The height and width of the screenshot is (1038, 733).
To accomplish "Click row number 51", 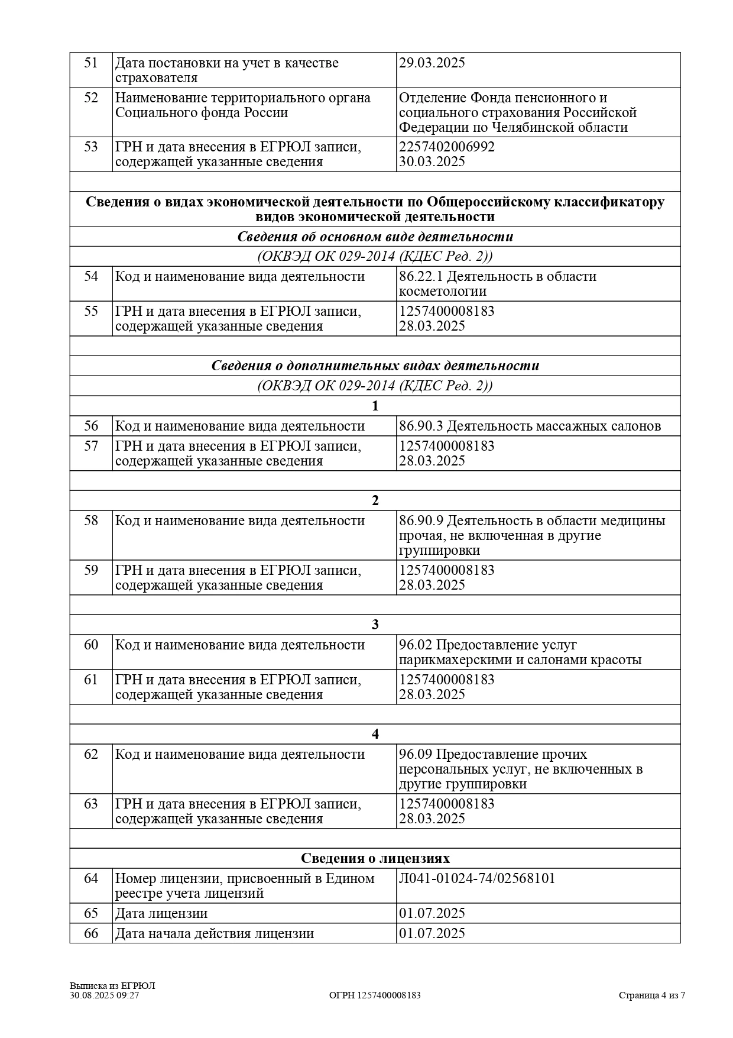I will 90,63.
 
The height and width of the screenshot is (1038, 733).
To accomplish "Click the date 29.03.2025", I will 432,63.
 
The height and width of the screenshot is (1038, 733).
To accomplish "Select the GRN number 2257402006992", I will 446,147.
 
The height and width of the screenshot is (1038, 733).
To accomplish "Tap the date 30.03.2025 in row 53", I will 432,161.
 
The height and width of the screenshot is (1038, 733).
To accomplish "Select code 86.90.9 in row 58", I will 420,520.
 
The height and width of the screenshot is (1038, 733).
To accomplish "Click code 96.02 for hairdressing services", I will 415,645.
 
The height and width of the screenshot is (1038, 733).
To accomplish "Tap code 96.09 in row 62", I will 415,754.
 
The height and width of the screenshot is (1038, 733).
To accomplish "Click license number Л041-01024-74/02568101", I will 476,878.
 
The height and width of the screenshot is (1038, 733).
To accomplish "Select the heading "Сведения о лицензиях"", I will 375,858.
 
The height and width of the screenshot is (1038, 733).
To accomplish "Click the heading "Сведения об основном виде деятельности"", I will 375,237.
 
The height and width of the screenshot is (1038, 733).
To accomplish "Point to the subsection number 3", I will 375,625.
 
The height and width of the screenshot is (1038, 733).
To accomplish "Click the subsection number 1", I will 375,406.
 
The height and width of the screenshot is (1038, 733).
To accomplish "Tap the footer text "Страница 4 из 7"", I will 651,995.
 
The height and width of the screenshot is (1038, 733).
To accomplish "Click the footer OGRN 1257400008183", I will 375,995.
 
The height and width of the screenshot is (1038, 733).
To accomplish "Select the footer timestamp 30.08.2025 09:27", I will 104,995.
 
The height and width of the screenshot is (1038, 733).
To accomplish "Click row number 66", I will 90,933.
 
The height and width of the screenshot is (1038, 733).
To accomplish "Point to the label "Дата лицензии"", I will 161,913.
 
